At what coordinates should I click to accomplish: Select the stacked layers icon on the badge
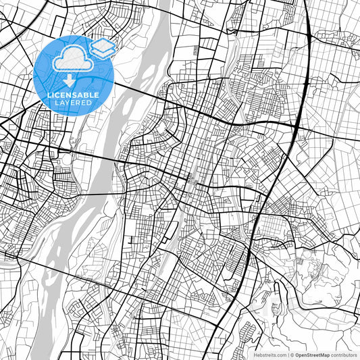pyautogui.click(x=102, y=48)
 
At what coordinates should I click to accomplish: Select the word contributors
pyautogui.click(x=343, y=355)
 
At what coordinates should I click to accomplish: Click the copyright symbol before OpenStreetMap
pyautogui.click(x=292, y=355)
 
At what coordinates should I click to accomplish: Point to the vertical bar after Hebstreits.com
pyautogui.click(x=286, y=355)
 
